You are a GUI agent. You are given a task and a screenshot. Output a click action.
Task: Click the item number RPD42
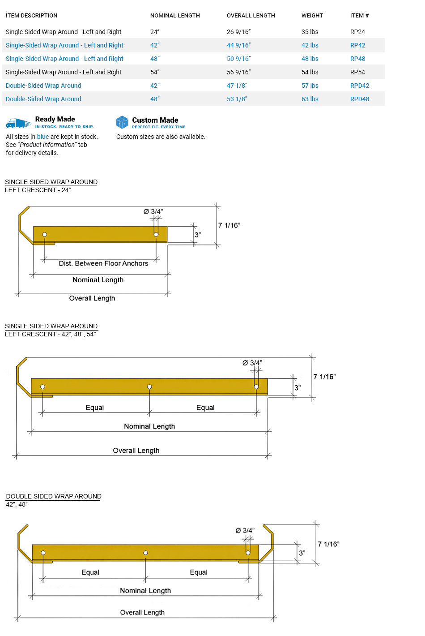[x=360, y=86]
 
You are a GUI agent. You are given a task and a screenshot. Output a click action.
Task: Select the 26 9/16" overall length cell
[x=238, y=32]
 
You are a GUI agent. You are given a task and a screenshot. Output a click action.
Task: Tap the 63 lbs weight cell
[x=310, y=99]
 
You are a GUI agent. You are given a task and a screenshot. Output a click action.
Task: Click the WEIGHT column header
[x=312, y=16]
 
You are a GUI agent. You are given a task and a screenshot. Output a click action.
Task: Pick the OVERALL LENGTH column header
[x=251, y=16]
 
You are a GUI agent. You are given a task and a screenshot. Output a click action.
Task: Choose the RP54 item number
[x=357, y=72]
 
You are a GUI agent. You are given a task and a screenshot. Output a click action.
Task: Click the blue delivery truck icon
[x=18, y=123]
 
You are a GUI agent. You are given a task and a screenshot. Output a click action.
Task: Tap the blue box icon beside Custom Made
[x=122, y=122]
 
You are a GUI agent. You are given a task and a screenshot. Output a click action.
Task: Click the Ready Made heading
[x=55, y=119]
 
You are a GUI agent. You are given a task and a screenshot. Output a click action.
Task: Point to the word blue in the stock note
[x=43, y=137]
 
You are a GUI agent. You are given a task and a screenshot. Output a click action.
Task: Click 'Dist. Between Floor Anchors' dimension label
[x=103, y=263]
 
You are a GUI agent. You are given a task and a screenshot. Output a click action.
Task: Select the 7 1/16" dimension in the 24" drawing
[x=229, y=225]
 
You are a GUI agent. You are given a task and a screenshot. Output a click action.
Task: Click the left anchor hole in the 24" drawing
[x=45, y=235]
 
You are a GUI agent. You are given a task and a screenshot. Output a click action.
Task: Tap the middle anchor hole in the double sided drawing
[x=145, y=553]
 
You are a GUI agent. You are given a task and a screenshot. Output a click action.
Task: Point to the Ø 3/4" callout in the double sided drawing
[x=245, y=530]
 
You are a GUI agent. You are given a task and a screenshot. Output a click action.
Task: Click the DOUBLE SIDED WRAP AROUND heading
[x=54, y=496]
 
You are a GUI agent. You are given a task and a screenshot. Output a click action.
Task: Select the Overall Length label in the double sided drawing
[x=142, y=612]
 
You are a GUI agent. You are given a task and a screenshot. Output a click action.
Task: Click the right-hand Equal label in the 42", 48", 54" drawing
[x=205, y=408]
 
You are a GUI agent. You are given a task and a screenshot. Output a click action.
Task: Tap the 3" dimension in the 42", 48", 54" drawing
[x=297, y=387]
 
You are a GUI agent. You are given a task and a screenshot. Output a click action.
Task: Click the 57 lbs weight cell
[x=310, y=86]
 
